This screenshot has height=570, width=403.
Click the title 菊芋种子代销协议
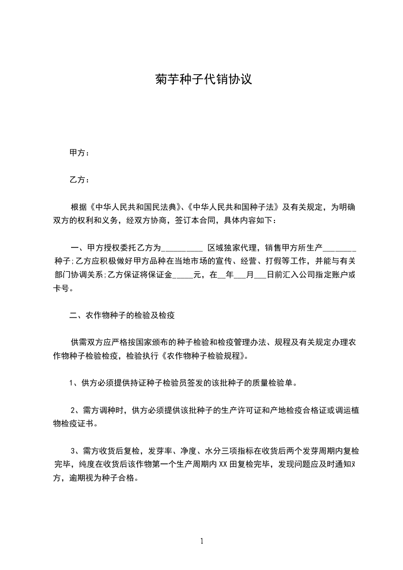pos(203,80)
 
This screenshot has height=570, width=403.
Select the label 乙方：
pos(79,179)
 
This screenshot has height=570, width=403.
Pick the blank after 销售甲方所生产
pos(339,249)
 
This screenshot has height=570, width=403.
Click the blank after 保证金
pos(183,276)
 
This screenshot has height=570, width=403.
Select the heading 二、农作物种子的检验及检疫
pos(122,315)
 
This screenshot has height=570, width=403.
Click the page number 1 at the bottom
pos(202,541)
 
